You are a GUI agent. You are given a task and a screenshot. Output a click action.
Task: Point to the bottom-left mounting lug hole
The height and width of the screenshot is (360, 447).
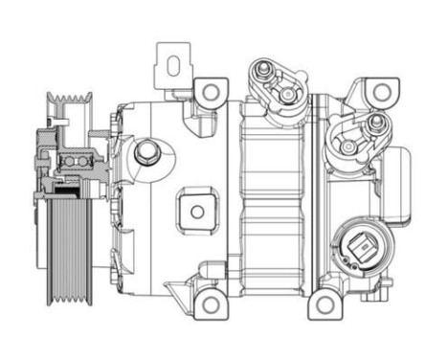pos(208,305)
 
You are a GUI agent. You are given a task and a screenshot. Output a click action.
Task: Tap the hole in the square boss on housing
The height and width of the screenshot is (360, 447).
pos(197,210)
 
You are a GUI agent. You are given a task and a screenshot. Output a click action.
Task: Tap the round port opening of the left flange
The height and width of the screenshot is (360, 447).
pos(285,99)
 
